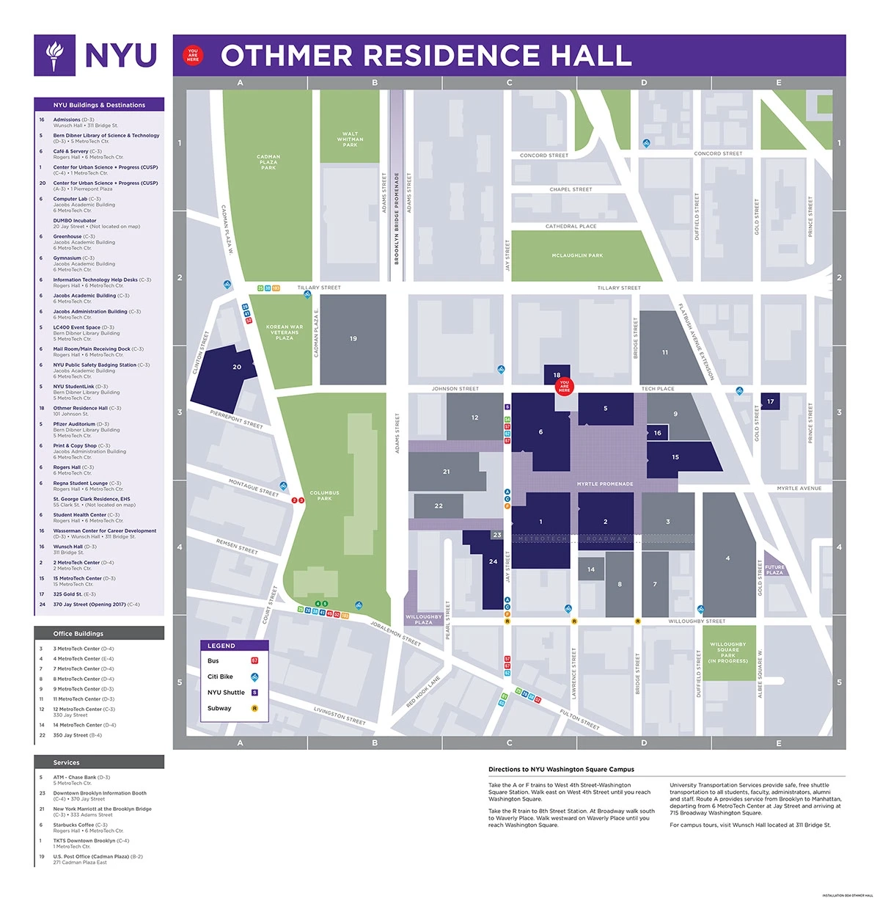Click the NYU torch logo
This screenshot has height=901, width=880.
[54, 56]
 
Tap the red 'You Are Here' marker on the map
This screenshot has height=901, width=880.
[564, 386]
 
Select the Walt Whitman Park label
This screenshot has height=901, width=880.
[350, 139]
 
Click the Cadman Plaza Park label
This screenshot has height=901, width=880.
[268, 162]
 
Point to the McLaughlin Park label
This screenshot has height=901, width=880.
[577, 255]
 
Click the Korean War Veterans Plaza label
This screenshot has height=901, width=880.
[285, 332]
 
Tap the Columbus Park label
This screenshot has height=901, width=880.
[324, 495]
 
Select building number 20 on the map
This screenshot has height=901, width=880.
[237, 367]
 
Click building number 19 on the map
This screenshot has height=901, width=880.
[353, 339]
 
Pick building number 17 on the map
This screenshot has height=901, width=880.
[770, 401]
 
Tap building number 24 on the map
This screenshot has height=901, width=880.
[493, 562]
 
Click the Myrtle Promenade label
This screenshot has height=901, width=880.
[605, 484]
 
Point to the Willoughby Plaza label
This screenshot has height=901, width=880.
[423, 619]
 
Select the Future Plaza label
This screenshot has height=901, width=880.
[774, 569]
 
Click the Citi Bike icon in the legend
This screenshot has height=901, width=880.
[254, 676]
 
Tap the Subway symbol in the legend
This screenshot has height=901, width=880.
[254, 708]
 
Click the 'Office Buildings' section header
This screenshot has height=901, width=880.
[78, 633]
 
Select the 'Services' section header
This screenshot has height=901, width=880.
[66, 762]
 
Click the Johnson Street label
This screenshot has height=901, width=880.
[455, 389]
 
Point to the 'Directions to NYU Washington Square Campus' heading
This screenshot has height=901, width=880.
[561, 769]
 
